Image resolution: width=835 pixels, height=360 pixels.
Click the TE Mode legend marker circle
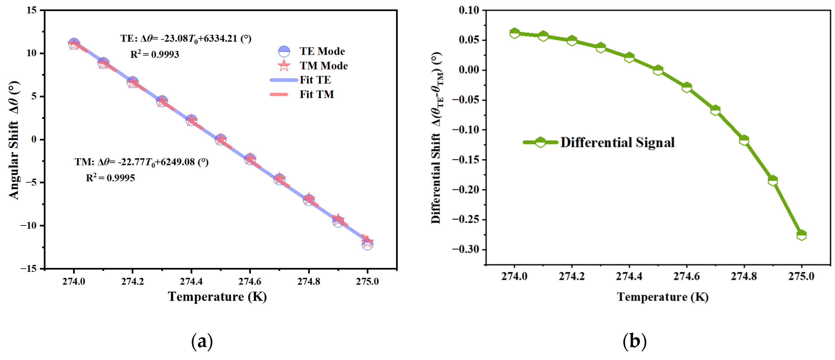pos(284,51)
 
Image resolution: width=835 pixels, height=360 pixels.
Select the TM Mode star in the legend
pos(284,66)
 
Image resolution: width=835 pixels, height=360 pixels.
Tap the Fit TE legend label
pos(315,80)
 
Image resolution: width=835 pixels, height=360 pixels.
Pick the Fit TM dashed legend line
pos(279,94)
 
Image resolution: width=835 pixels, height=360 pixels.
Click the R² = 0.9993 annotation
pos(155,54)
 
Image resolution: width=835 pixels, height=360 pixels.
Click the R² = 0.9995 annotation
pos(110,178)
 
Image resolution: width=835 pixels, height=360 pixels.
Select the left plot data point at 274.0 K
pos(74,43)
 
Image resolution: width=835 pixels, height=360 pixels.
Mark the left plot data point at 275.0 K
pos(367,243)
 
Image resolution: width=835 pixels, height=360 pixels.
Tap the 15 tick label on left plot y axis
pos(31,10)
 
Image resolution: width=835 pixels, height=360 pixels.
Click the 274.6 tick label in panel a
pos(250,281)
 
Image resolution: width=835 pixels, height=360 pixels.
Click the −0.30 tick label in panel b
pos(466,249)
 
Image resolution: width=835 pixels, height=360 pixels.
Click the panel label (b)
pos(634,341)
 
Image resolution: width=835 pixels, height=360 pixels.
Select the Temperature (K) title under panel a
pos(217,296)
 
